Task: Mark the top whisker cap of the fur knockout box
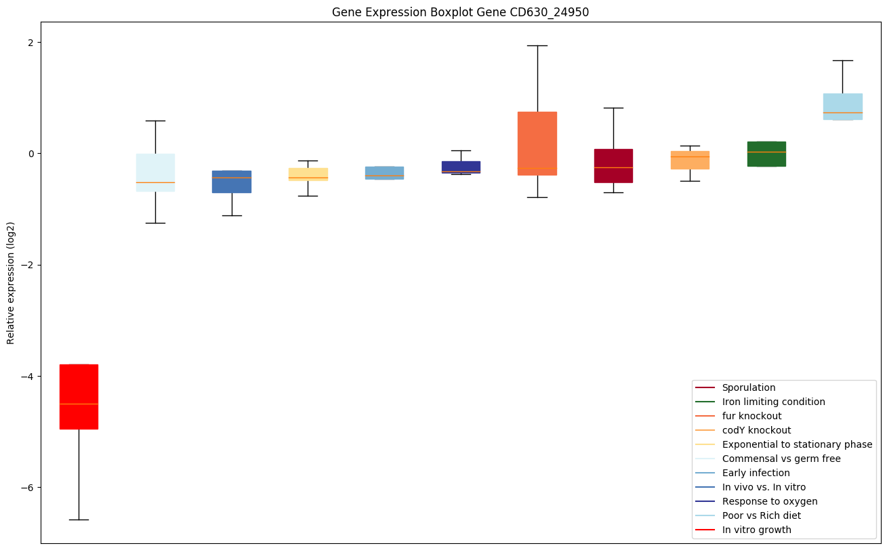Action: pos(537,45)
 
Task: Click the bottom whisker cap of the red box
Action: pos(79,520)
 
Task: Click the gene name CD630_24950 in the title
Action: pos(545,12)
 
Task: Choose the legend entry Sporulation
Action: pos(748,387)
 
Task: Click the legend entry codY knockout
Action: pos(756,430)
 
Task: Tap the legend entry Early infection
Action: pos(756,473)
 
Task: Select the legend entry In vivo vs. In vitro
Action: pos(764,487)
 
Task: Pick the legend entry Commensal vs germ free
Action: pos(781,459)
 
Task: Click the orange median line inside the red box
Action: pos(79,404)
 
